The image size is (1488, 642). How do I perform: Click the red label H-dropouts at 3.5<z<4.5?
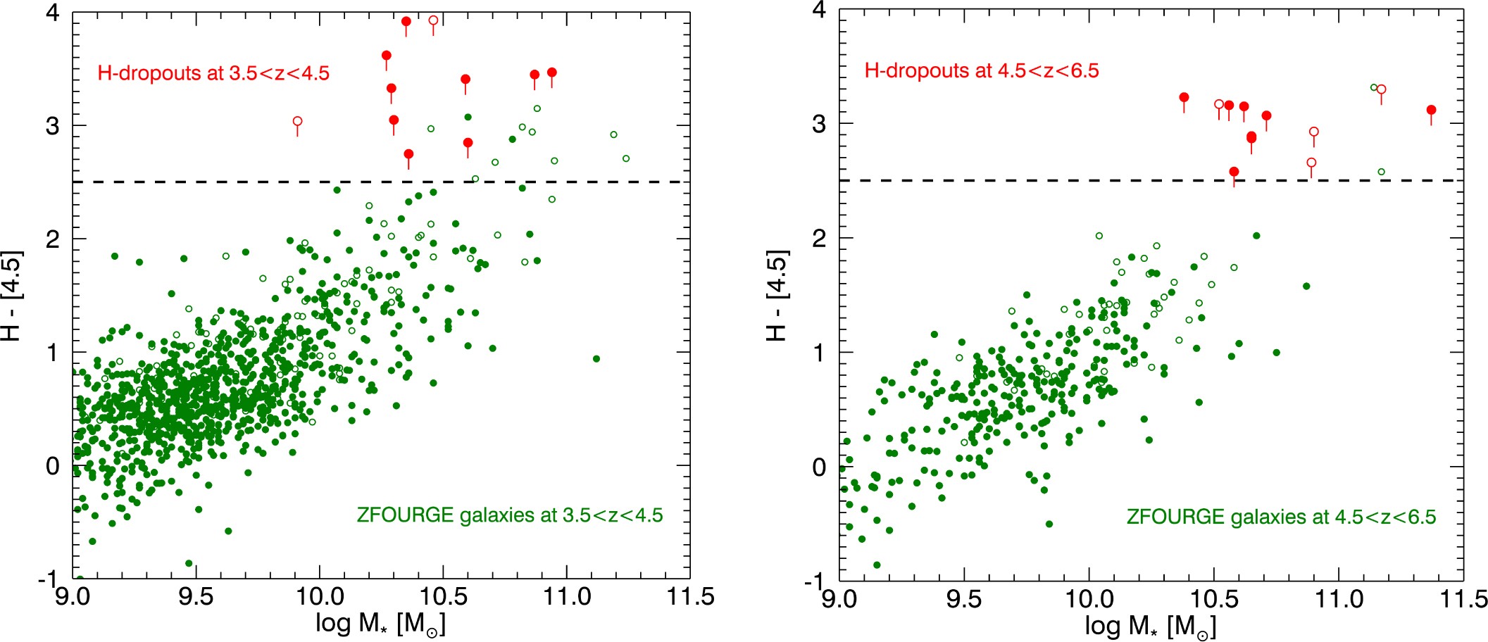[x=213, y=73]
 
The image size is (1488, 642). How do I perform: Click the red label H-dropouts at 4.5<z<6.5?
[x=981, y=70]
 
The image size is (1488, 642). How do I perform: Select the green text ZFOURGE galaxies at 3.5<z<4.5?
[x=509, y=515]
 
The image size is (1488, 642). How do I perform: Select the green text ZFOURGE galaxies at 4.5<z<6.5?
[x=1280, y=517]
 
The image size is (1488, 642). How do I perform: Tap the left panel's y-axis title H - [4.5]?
[x=13, y=295]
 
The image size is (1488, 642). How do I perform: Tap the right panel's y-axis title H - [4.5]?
[x=777, y=295]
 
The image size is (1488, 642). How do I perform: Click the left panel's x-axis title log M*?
[x=380, y=624]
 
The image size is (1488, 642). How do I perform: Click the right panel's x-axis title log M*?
[x=1150, y=625]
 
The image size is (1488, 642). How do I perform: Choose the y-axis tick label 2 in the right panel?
[x=819, y=239]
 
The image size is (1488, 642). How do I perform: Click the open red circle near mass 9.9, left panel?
[x=297, y=122]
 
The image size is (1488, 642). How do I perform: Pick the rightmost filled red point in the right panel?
[x=1431, y=111]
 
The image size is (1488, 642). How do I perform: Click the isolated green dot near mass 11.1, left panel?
[x=596, y=359]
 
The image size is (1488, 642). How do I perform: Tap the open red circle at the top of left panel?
[x=433, y=20]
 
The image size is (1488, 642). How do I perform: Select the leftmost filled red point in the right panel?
[x=1184, y=97]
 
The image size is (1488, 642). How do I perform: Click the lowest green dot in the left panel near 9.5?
[x=189, y=563]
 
